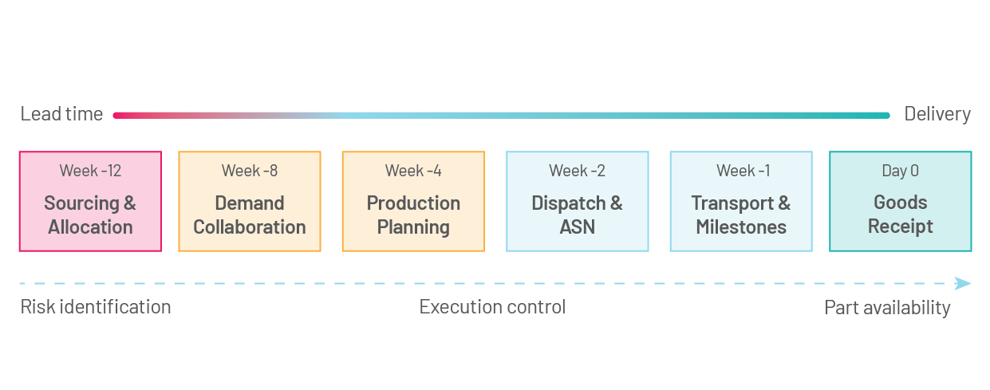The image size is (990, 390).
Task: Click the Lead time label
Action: pyautogui.click(x=61, y=114)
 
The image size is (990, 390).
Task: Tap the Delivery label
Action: pyautogui.click(x=937, y=114)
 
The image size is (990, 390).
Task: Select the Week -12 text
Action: pyautogui.click(x=90, y=171)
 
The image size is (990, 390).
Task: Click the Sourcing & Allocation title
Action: pyautogui.click(x=90, y=215)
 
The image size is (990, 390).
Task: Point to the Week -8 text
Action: pyautogui.click(x=250, y=171)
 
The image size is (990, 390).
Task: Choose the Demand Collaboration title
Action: pyautogui.click(x=250, y=215)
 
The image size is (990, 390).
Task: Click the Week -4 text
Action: pyautogui.click(x=413, y=171)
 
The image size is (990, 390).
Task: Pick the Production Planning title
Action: pyautogui.click(x=413, y=215)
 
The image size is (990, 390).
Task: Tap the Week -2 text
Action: pyautogui.click(x=577, y=171)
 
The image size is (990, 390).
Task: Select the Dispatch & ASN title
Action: pyautogui.click(x=577, y=215)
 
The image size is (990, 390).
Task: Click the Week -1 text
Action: pyautogui.click(x=741, y=171)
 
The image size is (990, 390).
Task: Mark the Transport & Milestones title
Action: pyautogui.click(x=741, y=215)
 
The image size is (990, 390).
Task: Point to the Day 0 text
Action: pyautogui.click(x=900, y=171)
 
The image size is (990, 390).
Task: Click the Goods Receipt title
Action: pyautogui.click(x=900, y=214)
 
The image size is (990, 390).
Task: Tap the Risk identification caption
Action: pyautogui.click(x=96, y=307)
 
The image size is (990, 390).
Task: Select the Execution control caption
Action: pyautogui.click(x=492, y=307)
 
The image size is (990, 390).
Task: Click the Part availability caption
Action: pyautogui.click(x=887, y=308)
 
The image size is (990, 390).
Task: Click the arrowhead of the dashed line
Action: pyautogui.click(x=963, y=283)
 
